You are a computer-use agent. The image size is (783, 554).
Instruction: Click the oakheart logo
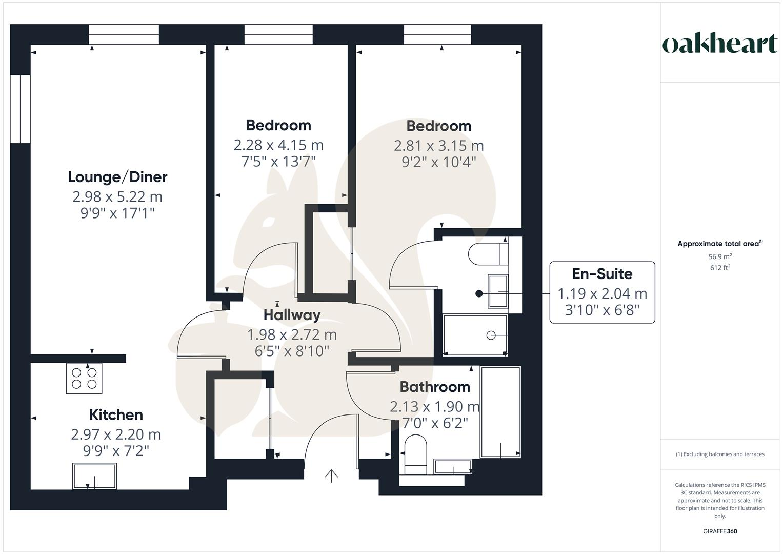tap(720, 44)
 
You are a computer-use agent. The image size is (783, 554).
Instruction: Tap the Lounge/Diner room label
tap(117, 177)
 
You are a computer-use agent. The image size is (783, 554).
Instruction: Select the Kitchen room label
tap(116, 414)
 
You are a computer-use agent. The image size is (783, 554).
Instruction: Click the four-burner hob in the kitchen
tap(84, 378)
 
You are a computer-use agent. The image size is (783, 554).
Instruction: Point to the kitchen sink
tap(94, 476)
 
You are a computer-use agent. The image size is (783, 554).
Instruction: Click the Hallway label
tap(292, 315)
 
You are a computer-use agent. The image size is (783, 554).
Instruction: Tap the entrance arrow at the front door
tap(331, 476)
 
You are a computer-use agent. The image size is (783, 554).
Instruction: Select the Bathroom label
tap(435, 387)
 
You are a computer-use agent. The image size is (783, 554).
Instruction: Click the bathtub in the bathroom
tap(500, 411)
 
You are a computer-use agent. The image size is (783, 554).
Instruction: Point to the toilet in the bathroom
tap(415, 454)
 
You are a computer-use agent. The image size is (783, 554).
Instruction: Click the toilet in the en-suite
tap(488, 253)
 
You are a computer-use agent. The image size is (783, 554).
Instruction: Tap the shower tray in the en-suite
tap(475, 335)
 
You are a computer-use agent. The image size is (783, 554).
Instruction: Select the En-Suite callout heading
tap(602, 274)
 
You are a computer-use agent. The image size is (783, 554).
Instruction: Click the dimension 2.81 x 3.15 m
tap(438, 146)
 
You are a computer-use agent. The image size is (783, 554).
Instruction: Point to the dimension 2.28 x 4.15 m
tap(278, 145)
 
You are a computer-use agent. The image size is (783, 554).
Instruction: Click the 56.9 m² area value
tap(720, 256)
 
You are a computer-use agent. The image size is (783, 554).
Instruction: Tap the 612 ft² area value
tap(720, 268)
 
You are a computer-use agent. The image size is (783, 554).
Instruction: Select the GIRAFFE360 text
tap(720, 531)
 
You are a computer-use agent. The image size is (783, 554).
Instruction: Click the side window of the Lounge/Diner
tap(20, 109)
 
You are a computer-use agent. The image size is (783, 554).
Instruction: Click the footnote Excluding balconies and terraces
tap(720, 454)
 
